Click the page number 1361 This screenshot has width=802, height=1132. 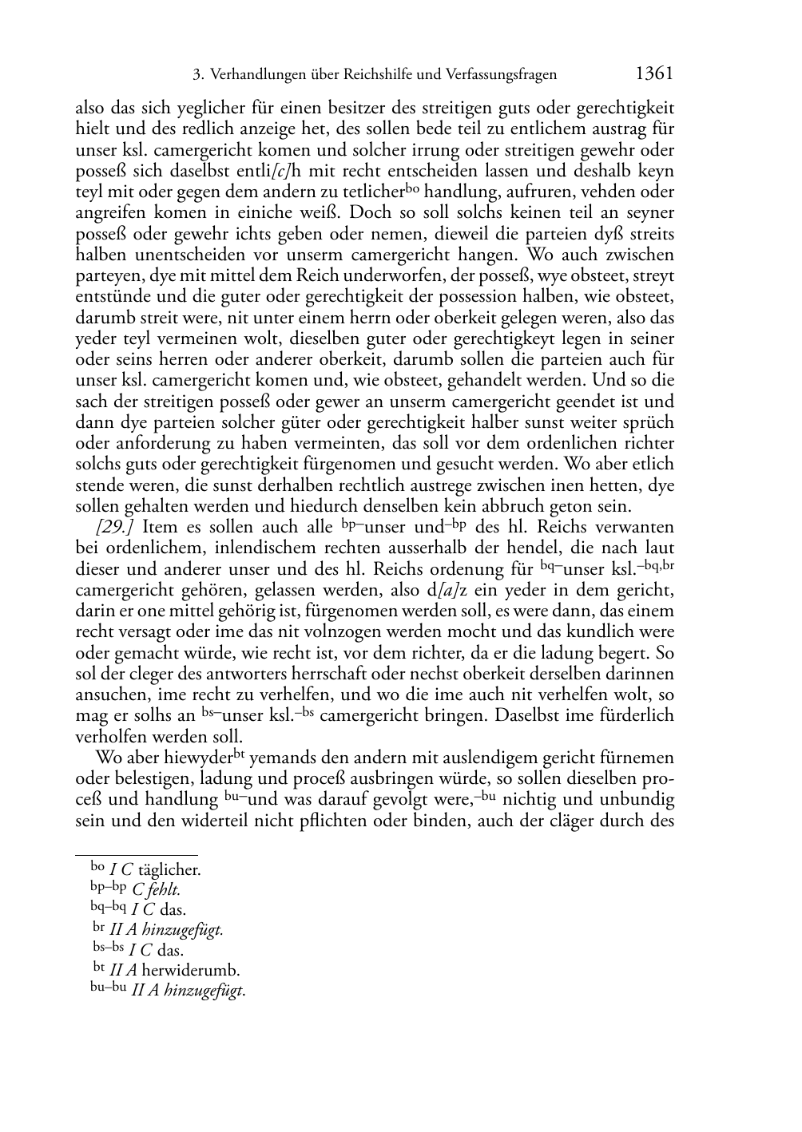(654, 74)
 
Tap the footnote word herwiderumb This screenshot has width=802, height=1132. (191, 972)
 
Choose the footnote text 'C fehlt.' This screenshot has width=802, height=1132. (157, 889)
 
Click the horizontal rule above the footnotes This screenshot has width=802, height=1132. (136, 855)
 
